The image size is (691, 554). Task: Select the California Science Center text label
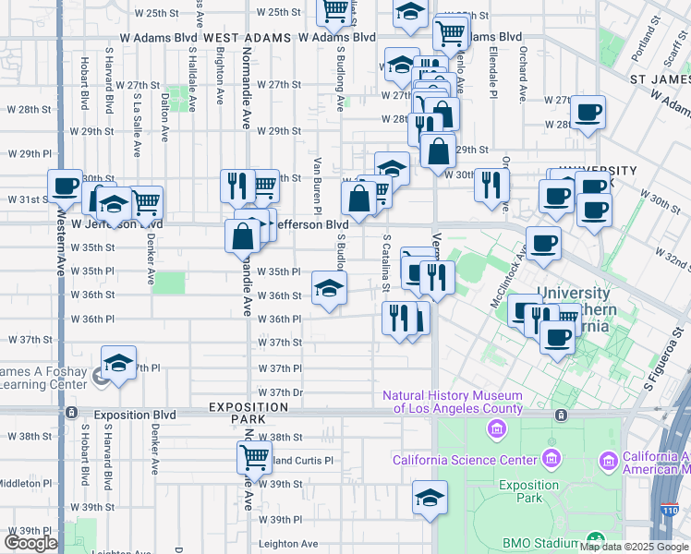(465, 460)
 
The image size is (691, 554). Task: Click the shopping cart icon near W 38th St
(253, 455)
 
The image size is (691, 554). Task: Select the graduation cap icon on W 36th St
(328, 287)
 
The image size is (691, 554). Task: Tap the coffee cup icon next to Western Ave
(65, 187)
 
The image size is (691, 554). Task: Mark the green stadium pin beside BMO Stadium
(597, 539)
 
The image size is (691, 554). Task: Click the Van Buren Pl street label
(317, 179)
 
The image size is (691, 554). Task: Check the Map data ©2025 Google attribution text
(634, 547)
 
